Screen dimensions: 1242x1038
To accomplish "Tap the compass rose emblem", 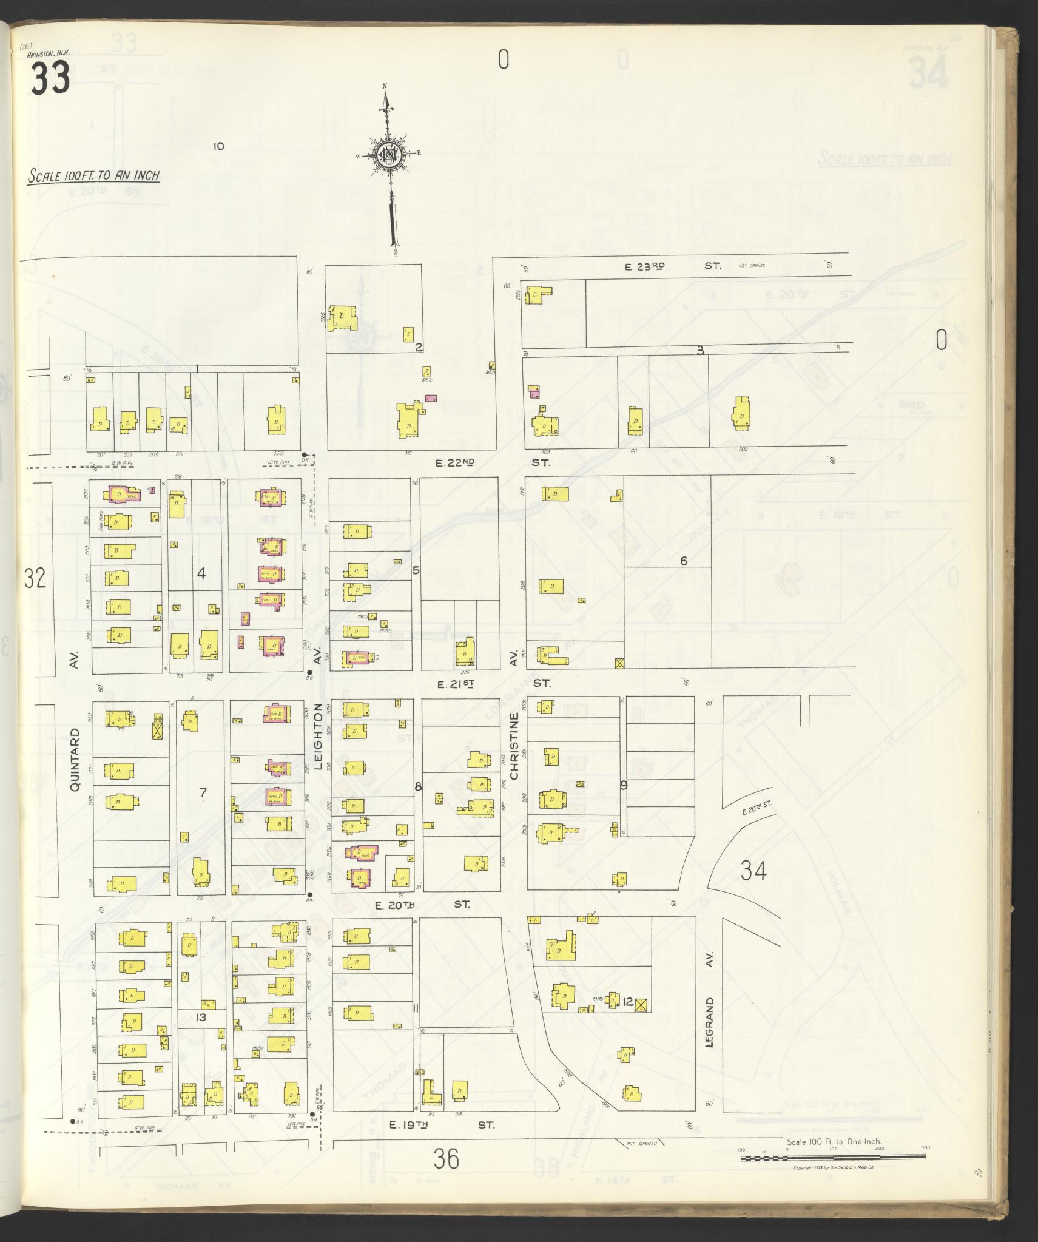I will [x=387, y=155].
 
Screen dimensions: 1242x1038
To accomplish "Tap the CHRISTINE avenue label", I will [x=514, y=746].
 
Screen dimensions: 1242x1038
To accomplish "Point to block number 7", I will [x=203, y=791].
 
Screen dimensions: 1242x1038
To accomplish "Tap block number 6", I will [x=683, y=561].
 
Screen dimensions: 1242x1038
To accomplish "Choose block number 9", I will [x=623, y=785].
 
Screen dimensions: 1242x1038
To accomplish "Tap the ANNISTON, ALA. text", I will [x=49, y=53].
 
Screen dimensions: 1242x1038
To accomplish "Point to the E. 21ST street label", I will [x=455, y=683].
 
